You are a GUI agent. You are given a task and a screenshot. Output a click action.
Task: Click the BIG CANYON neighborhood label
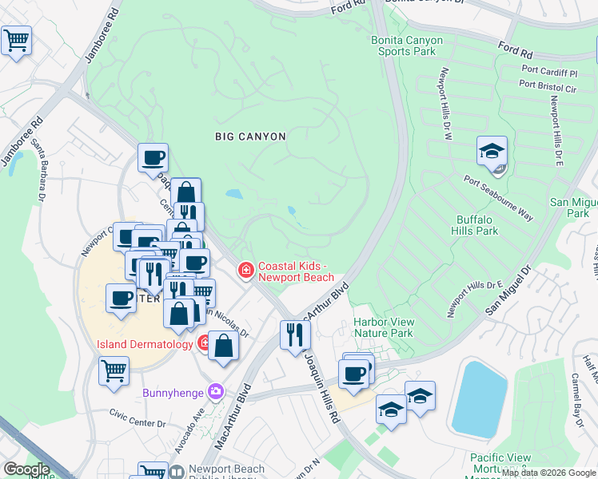[x=250, y=137]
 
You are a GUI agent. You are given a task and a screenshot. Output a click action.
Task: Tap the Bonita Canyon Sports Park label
[x=408, y=45]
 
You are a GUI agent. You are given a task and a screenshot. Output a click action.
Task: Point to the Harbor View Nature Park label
[x=383, y=327]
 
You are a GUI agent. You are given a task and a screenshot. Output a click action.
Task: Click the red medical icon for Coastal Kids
[x=246, y=272]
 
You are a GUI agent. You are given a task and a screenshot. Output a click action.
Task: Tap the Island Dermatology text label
[x=144, y=344]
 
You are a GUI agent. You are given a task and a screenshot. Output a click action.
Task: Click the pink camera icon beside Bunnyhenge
[x=215, y=391]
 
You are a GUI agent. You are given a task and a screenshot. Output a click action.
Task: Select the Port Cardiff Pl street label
[x=548, y=73]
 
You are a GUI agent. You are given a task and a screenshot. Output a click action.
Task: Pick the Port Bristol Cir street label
[x=548, y=84]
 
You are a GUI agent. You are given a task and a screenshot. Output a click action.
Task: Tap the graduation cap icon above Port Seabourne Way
[x=492, y=151]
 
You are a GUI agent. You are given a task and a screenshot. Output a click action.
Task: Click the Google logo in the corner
[x=27, y=469]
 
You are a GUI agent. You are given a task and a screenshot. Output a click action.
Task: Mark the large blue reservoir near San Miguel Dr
[x=480, y=398]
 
